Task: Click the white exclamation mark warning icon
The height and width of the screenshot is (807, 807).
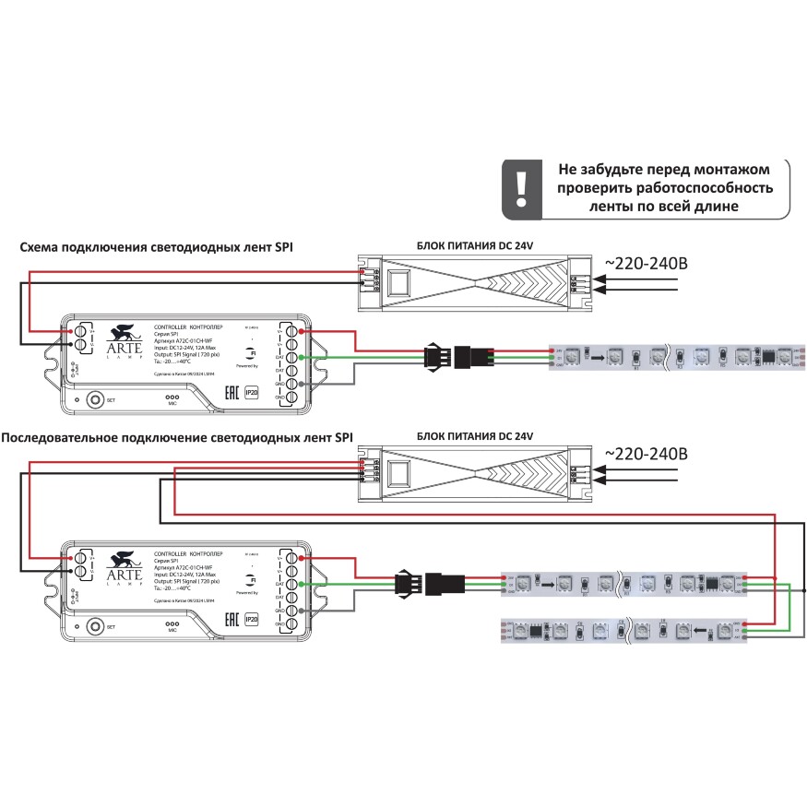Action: (522, 187)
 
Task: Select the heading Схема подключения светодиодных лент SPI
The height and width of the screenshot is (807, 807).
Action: (162, 247)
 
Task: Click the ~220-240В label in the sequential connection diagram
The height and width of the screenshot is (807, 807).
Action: (646, 455)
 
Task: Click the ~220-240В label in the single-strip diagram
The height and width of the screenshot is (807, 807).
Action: (646, 263)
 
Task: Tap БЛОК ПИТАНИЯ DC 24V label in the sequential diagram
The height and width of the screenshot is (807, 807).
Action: (476, 434)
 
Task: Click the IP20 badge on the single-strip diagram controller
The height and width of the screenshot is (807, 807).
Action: (251, 393)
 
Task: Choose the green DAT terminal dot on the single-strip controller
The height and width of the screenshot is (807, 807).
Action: (303, 357)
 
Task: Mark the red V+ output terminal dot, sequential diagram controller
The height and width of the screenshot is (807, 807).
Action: (303, 558)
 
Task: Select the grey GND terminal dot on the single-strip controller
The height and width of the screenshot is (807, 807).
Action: (303, 383)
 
